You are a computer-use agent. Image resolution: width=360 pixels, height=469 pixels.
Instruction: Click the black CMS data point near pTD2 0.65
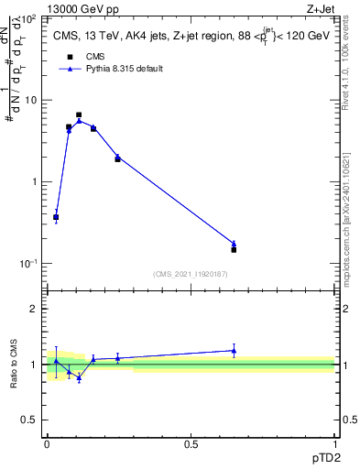coord(234,249)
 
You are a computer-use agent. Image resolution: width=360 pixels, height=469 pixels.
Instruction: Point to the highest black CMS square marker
coord(79,115)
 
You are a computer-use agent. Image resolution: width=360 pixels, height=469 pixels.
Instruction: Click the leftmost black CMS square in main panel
coord(56,217)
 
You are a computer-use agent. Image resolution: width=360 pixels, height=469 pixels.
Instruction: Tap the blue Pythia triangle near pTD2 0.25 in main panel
coord(117,157)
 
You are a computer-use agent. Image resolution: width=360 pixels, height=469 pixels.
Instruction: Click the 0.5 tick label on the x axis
coord(191,443)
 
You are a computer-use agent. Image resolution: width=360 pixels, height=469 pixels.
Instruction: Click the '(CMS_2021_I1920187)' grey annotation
coord(191,274)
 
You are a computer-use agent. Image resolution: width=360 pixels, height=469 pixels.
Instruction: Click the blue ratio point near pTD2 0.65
coord(234,350)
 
